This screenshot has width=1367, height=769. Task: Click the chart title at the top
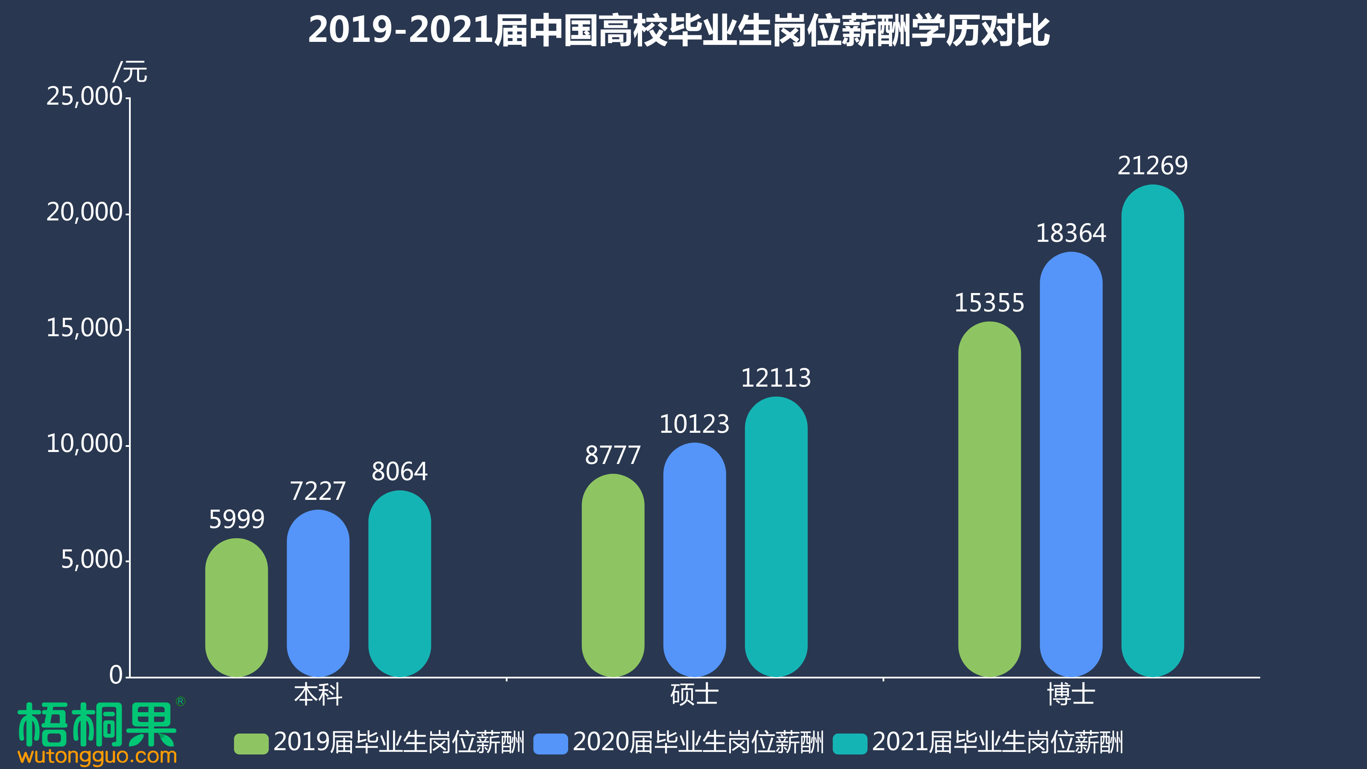click(x=679, y=30)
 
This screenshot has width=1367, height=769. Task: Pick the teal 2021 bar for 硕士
click(x=776, y=536)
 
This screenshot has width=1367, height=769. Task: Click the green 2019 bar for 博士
click(x=989, y=499)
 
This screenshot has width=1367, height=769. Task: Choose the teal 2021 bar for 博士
click(x=1152, y=430)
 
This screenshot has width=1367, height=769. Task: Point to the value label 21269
click(x=1152, y=166)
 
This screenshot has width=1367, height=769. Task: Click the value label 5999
click(x=236, y=519)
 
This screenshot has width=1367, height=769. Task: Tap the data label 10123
click(x=694, y=424)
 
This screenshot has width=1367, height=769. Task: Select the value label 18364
click(x=1071, y=233)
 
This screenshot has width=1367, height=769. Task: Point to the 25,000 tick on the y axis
click(x=85, y=97)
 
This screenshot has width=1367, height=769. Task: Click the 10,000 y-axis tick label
click(x=85, y=444)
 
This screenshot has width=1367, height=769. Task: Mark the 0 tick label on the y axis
click(x=116, y=675)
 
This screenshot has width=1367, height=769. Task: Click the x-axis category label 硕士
click(x=694, y=695)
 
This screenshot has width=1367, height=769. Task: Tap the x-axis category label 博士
click(x=1071, y=695)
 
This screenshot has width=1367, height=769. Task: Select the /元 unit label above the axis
click(x=130, y=72)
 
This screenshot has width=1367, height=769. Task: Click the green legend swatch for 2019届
click(x=251, y=743)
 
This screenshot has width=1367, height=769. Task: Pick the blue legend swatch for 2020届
click(x=550, y=743)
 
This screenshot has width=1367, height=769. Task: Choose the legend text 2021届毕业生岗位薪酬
click(x=997, y=742)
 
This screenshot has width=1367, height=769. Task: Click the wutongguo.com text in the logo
click(x=97, y=756)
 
